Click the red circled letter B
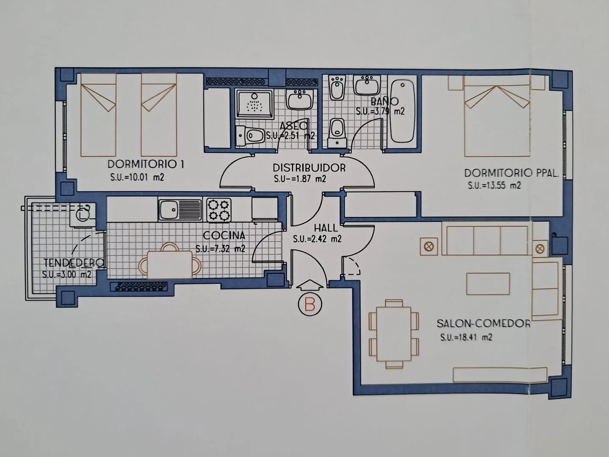(310, 304)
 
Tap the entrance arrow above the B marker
(310, 285)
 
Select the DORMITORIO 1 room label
(145, 164)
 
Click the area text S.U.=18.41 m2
(466, 337)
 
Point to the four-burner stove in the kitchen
(219, 210)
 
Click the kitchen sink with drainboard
(180, 209)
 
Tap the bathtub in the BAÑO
(403, 111)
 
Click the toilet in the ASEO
(250, 136)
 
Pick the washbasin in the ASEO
(300, 99)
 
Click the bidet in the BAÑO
(337, 87)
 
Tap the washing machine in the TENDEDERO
(82, 215)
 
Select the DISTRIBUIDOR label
(309, 168)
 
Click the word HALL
(326, 228)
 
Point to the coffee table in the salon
(488, 284)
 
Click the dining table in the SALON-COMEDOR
(394, 334)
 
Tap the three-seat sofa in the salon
(487, 240)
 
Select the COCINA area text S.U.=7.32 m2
(221, 249)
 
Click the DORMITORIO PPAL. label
(511, 173)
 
